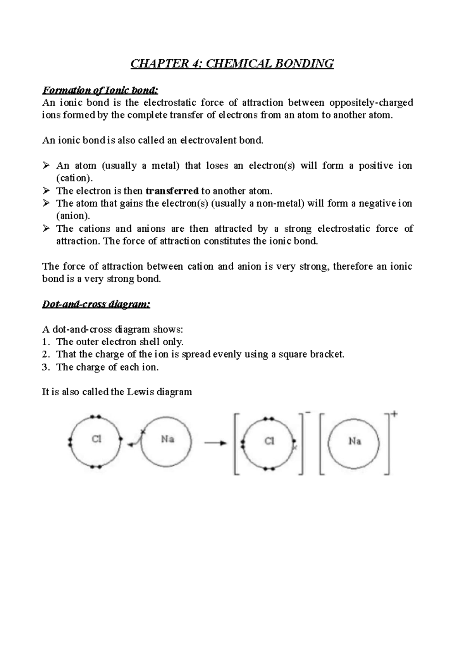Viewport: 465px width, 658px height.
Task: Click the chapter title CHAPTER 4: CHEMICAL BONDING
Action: coord(232,63)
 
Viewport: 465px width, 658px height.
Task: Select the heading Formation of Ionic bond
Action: coord(100,90)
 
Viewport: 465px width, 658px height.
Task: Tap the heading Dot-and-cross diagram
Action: coord(96,304)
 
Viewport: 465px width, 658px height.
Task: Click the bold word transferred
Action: coord(172,191)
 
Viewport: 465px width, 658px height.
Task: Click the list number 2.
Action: coord(45,354)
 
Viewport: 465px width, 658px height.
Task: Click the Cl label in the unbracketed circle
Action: coord(96,439)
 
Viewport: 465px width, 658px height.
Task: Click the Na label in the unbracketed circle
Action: coord(167,439)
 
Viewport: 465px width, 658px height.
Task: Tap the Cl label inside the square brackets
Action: coord(269,441)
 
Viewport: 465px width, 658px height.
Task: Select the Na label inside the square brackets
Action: coord(355,441)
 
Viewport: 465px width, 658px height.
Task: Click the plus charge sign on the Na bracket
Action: coord(394,414)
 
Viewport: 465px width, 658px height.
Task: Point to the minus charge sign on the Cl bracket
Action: coord(308,413)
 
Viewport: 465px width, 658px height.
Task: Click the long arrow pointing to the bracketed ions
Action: coord(215,443)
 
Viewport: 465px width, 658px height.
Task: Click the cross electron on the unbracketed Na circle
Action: coord(143,431)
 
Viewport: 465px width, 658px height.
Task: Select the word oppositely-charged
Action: coord(371,103)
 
